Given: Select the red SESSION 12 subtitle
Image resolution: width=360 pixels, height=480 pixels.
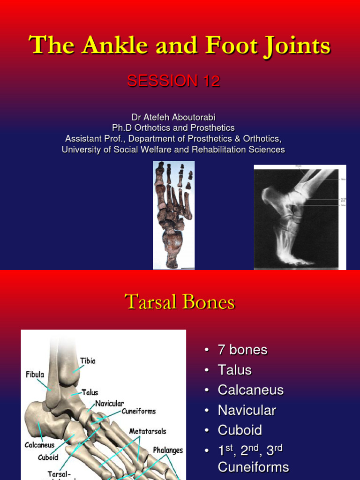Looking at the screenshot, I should click(x=173, y=81).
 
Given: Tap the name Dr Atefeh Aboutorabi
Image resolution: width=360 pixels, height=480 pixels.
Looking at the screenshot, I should click(x=173, y=117).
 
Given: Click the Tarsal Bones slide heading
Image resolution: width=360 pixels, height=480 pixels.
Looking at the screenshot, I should click(x=180, y=302).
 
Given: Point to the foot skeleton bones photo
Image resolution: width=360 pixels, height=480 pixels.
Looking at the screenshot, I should click(x=173, y=215).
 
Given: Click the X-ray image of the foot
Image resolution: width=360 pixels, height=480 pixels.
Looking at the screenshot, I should click(x=300, y=217).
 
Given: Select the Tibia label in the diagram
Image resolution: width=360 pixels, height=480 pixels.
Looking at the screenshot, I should click(x=88, y=361).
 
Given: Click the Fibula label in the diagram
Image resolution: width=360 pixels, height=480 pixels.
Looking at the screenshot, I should click(x=35, y=375).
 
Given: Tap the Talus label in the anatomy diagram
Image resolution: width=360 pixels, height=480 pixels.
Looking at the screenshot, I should click(x=90, y=392).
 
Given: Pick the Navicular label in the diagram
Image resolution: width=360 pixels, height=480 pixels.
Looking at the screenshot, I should click(x=110, y=403).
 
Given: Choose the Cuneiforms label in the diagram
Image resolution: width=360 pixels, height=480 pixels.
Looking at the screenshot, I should click(x=139, y=411).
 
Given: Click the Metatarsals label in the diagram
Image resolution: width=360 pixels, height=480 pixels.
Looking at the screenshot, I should click(x=148, y=431).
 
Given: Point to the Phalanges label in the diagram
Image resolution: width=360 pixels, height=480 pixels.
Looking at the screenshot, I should click(x=168, y=450).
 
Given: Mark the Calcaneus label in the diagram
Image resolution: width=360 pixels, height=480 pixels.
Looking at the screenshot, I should click(x=39, y=445).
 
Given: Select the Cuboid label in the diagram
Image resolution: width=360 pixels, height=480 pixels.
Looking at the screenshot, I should click(x=48, y=457).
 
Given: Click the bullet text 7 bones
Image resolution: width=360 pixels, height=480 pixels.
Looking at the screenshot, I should click(x=242, y=350).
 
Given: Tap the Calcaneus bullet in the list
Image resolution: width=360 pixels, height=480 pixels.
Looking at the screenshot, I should click(x=250, y=390).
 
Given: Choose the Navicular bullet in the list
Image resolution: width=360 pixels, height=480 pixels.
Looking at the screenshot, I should click(x=247, y=410).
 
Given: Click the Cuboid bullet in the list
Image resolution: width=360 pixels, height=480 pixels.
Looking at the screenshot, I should click(x=240, y=430).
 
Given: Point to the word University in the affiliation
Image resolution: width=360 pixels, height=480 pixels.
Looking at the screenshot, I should click(x=80, y=150).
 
